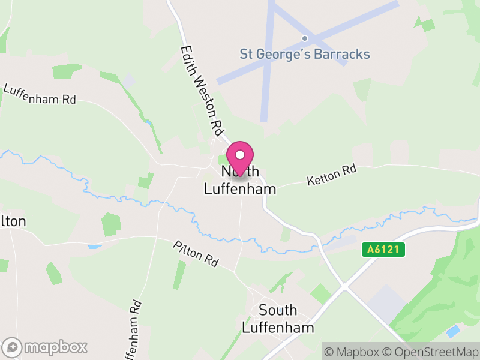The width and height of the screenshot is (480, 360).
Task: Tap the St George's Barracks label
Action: point(305,54)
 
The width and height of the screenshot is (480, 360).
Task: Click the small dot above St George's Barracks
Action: point(305,38)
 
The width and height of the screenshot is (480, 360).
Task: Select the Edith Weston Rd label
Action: point(202,90)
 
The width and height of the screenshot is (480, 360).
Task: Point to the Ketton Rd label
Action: point(331,175)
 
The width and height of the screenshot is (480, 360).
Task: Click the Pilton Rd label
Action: point(196,254)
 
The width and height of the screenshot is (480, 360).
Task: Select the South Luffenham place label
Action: point(278,319)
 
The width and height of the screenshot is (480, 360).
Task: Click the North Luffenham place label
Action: point(240,181)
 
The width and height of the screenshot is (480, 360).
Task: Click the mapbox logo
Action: point(46,347)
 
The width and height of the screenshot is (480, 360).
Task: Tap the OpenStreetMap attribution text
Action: point(431,351)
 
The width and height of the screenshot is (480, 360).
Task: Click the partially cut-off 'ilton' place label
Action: point(13,221)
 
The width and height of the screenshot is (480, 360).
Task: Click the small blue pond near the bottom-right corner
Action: point(454,331)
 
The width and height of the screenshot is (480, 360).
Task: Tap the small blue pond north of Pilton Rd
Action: point(95,247)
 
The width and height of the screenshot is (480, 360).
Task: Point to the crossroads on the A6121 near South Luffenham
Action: point(344,287)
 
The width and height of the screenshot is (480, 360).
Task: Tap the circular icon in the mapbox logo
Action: point(12,347)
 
